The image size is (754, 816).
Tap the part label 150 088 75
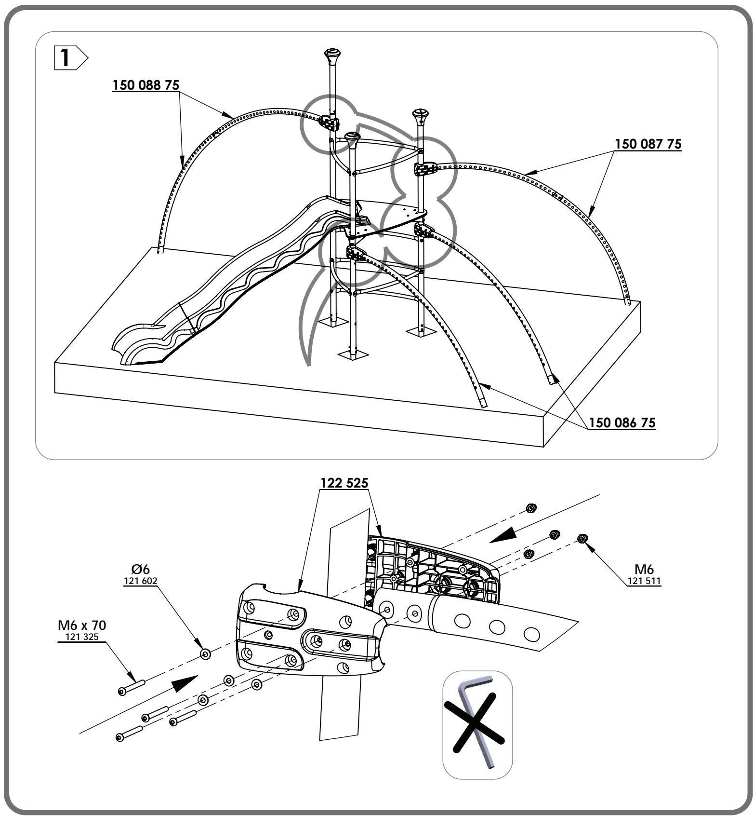[x=146, y=85]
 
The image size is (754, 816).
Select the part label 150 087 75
[x=648, y=144]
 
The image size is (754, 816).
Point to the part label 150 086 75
[x=622, y=423]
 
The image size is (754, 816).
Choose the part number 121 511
[x=644, y=582]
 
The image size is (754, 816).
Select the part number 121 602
[x=140, y=581]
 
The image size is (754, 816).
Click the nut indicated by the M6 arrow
[x=582, y=538]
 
